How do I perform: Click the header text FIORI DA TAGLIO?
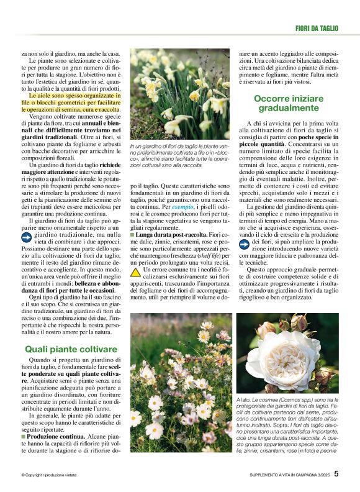[x=316, y=28]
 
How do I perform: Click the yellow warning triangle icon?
[x=135, y=271]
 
